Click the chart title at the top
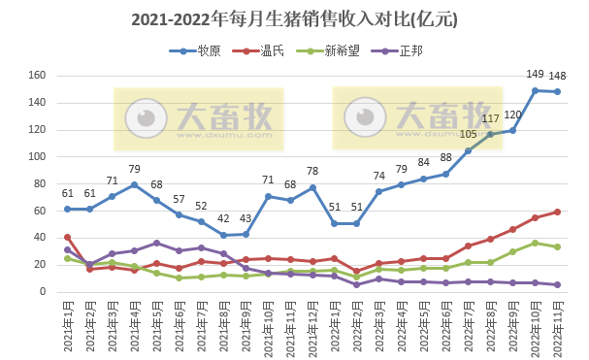point(294,19)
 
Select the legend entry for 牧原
point(199,50)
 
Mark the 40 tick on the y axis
point(42,238)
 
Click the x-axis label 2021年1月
point(67,325)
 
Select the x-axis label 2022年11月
point(557,325)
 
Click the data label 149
point(535,74)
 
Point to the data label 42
point(223,218)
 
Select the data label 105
point(468,135)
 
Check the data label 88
point(445,157)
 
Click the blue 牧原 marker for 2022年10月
point(535,90)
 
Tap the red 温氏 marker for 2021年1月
point(67,237)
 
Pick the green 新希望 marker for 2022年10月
point(535,243)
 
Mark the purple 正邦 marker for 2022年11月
point(557,284)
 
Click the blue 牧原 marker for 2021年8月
point(223,235)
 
